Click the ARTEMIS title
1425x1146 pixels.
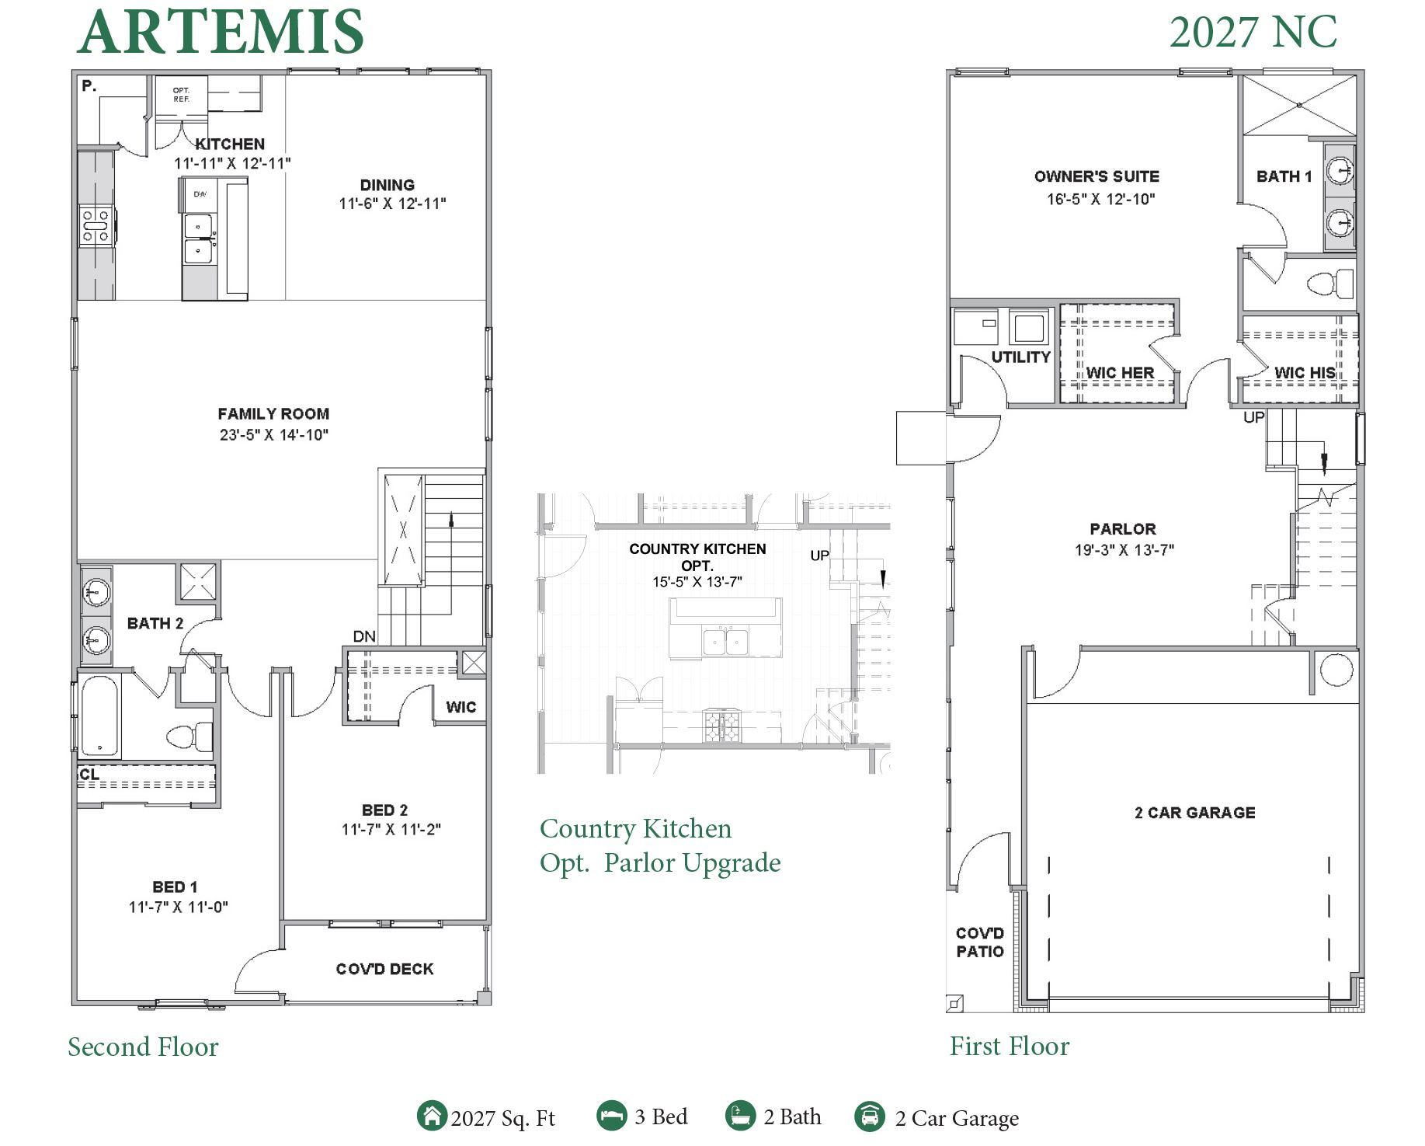click(221, 33)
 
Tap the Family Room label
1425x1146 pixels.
click(273, 414)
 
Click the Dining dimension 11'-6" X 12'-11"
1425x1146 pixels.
click(392, 204)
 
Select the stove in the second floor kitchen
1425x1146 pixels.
click(96, 226)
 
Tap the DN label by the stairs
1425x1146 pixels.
click(364, 637)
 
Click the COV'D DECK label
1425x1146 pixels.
click(384, 969)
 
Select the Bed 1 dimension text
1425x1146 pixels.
click(178, 907)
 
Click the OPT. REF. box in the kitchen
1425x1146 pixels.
click(181, 95)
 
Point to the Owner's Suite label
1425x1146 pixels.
click(1097, 176)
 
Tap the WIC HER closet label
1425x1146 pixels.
click(1119, 373)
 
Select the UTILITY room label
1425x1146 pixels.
click(1020, 357)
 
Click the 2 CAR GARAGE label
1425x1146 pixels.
click(1194, 813)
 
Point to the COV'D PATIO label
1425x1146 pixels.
click(979, 942)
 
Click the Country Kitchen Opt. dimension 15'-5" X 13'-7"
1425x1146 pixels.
click(697, 582)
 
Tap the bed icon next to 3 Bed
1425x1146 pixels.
click(611, 1116)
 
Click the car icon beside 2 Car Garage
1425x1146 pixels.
click(870, 1116)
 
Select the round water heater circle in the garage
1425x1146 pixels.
click(1336, 670)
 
